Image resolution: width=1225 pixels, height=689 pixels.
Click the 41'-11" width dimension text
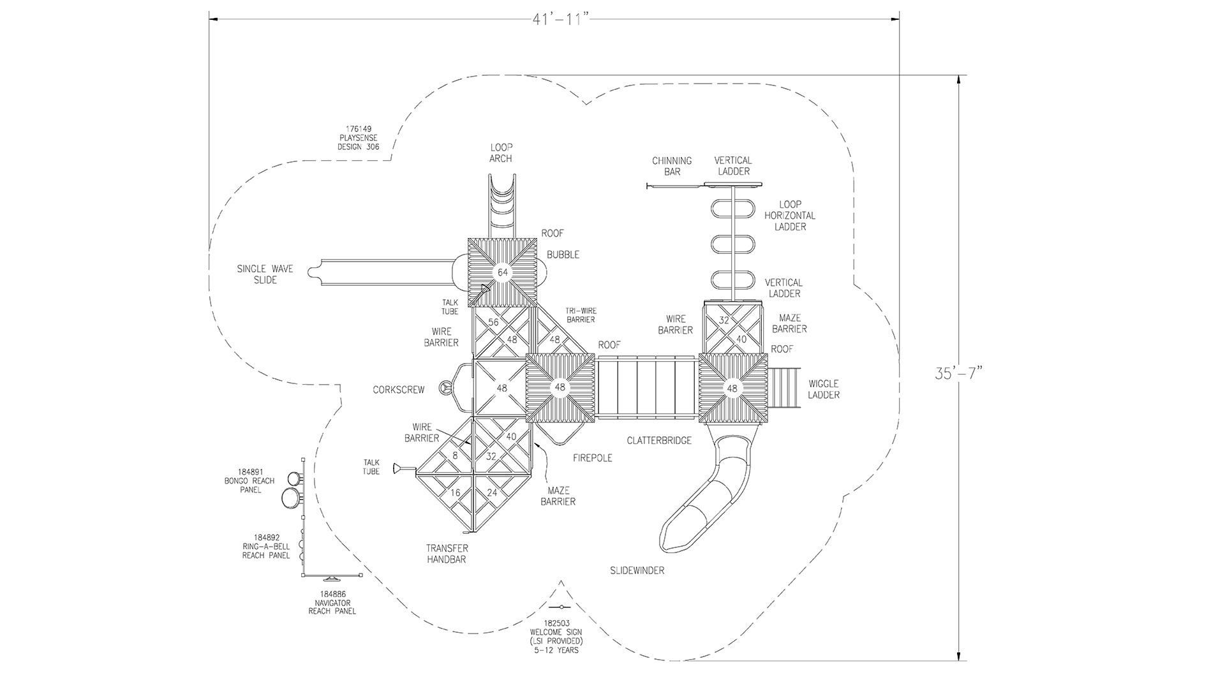click(x=559, y=19)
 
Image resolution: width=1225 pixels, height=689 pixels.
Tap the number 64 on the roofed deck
click(x=503, y=272)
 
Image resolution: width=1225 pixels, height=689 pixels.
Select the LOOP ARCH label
click(x=501, y=153)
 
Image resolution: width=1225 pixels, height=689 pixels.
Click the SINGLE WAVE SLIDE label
click(x=265, y=274)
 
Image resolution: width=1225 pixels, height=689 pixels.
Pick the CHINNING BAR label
click(x=671, y=166)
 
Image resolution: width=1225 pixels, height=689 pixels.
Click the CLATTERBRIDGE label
click(x=658, y=440)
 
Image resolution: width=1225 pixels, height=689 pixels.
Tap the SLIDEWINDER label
click(x=637, y=570)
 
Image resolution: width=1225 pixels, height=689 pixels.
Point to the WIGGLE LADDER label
click(x=823, y=389)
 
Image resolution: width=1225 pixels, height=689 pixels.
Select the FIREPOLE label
click(x=592, y=458)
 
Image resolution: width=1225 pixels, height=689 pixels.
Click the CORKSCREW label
click(x=398, y=390)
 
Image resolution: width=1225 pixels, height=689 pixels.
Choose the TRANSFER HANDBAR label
click(x=447, y=554)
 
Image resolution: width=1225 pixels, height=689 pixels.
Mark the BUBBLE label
click(x=563, y=255)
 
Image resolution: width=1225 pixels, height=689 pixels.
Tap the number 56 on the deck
click(x=493, y=322)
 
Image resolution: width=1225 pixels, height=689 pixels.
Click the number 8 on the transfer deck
click(x=455, y=456)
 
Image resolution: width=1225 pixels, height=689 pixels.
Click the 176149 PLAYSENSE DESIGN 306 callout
click(x=358, y=138)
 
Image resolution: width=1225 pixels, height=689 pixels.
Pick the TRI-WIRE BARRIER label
click(x=580, y=315)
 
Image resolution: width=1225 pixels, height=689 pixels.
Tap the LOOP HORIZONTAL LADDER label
click(x=790, y=216)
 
